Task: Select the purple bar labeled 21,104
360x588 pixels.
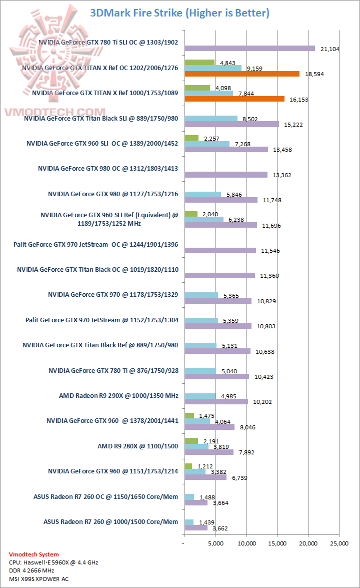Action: (x=249, y=49)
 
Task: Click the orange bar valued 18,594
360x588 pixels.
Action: (x=242, y=74)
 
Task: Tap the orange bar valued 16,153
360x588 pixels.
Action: (x=234, y=99)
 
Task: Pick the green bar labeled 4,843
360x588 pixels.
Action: (x=199, y=63)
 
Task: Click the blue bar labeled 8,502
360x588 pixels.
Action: (x=211, y=119)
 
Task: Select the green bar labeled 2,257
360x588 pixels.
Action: (x=191, y=138)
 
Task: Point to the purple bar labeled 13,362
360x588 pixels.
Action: (x=226, y=175)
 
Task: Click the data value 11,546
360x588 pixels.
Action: (x=270, y=251)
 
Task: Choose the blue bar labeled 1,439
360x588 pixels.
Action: (x=189, y=522)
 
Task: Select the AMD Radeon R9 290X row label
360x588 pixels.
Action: (x=118, y=396)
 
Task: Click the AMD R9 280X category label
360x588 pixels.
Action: (x=137, y=446)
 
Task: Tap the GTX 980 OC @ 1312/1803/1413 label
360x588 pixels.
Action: (x=108, y=169)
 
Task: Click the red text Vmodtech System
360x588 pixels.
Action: (x=34, y=554)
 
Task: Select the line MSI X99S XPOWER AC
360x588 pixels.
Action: (x=39, y=579)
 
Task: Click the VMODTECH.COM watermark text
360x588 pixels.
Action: (x=54, y=112)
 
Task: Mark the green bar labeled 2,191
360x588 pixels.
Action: (x=191, y=440)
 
